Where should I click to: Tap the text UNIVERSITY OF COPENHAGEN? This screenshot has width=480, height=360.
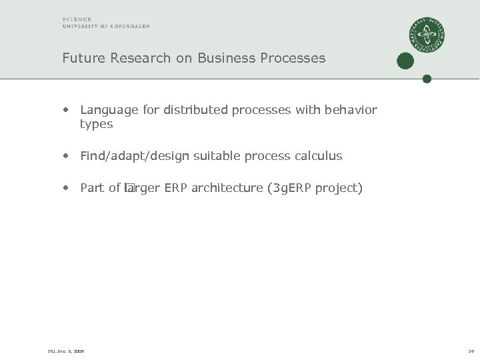click(x=106, y=26)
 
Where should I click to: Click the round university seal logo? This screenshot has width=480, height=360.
click(x=427, y=35)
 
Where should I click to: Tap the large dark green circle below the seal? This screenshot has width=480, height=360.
click(x=405, y=61)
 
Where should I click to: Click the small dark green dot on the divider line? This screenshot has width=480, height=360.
click(x=427, y=79)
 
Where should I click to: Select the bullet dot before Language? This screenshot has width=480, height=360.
click(x=67, y=109)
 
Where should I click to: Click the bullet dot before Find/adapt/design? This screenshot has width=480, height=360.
click(x=67, y=156)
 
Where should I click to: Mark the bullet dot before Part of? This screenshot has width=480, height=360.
click(x=67, y=188)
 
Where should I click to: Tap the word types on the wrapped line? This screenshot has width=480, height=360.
click(x=96, y=124)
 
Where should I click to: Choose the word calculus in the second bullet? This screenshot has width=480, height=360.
click(x=318, y=156)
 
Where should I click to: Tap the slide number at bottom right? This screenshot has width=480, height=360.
click(x=470, y=351)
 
